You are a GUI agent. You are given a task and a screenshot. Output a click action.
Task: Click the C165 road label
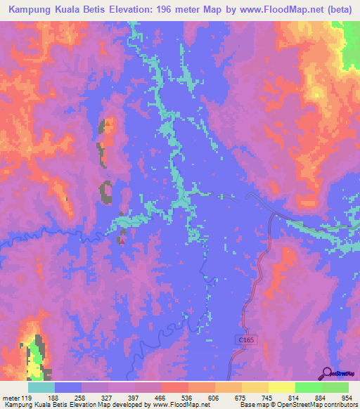[242, 339]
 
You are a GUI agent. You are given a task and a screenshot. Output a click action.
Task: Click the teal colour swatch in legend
[41, 387]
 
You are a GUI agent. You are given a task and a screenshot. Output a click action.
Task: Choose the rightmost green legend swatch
[335, 387]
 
